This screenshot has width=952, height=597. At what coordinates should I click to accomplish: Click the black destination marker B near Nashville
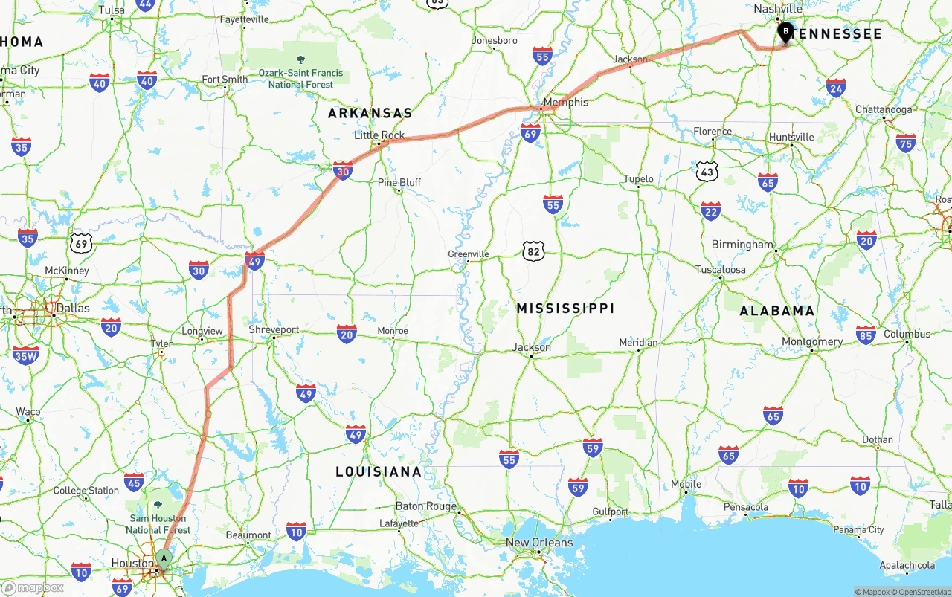tap(785, 32)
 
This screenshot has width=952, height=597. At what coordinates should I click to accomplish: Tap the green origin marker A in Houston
tap(164, 558)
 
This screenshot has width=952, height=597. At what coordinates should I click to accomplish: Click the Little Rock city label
tap(379, 135)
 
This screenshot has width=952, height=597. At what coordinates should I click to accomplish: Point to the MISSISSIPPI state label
tap(565, 308)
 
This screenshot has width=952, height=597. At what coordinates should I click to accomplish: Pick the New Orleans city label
tap(539, 542)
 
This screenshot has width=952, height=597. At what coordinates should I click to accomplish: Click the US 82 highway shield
tap(533, 251)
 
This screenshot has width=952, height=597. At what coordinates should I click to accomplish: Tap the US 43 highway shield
tap(707, 171)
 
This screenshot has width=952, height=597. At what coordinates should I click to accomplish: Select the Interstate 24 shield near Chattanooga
tap(836, 88)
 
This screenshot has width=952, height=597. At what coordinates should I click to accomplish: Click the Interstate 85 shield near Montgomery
tap(865, 335)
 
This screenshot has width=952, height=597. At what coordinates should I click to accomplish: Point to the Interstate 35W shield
tap(26, 355)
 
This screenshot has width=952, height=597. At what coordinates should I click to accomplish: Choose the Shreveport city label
tap(274, 329)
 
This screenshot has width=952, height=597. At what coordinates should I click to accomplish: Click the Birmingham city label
tap(742, 244)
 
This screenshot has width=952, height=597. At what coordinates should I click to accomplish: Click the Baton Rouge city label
tap(425, 506)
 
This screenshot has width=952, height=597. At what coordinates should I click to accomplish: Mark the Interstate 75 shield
tap(906, 143)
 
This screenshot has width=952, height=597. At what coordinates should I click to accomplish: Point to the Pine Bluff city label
tap(399, 182)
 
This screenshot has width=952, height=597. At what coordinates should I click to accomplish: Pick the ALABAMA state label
tap(776, 311)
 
